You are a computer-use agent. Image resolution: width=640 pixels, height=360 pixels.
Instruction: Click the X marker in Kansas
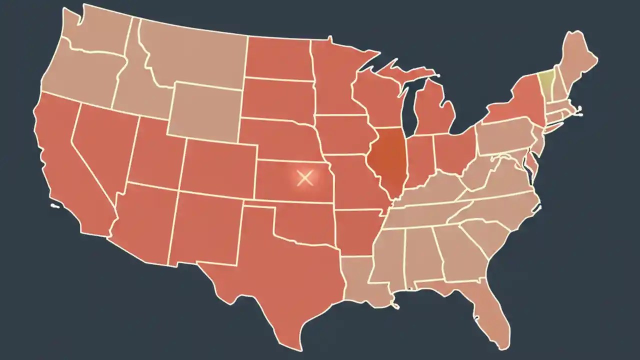pyautogui.click(x=304, y=178)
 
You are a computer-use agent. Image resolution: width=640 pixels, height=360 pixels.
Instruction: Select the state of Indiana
pyautogui.click(x=419, y=160)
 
